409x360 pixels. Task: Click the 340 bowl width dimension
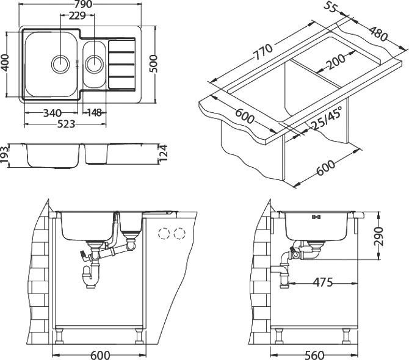(52, 113)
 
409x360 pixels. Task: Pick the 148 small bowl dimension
(93, 113)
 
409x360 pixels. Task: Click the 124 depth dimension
(161, 153)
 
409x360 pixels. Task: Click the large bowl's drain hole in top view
(60, 62)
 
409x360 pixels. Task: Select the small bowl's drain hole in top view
(94, 62)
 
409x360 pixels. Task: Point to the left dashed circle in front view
(164, 233)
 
